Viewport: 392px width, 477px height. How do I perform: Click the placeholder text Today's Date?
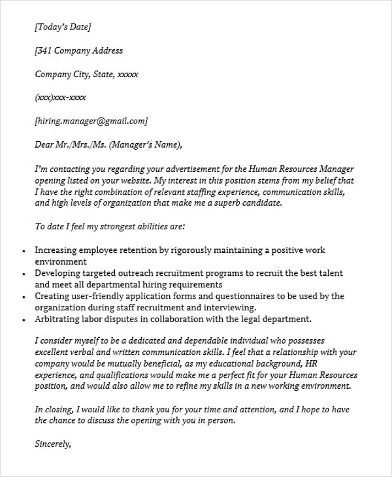(63, 27)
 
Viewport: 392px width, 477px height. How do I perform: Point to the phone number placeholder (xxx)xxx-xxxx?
(59, 97)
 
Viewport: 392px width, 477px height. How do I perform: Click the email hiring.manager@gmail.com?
(91, 121)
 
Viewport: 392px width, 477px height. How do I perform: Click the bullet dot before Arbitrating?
(24, 320)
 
